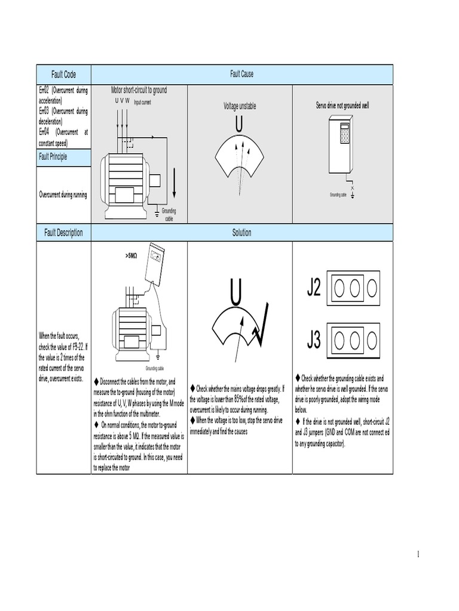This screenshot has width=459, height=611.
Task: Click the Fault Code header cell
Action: (63, 75)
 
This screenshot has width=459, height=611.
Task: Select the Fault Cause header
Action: (242, 75)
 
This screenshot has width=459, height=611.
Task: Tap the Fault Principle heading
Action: (53, 157)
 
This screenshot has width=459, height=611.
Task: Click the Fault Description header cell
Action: (63, 233)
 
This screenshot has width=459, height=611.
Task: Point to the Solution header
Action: (242, 233)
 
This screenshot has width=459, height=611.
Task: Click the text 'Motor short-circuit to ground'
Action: (139, 91)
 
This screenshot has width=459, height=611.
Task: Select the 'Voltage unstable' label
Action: (240, 106)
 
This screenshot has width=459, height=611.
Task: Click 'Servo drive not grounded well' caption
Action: (342, 106)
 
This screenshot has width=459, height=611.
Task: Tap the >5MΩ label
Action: (131, 255)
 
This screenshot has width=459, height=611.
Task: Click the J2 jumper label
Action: (314, 288)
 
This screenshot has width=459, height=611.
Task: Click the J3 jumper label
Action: (314, 340)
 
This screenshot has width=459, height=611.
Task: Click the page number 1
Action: (418, 555)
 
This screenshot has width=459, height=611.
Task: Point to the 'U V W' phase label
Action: (122, 101)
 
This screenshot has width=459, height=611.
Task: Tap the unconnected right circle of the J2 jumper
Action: (372, 289)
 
